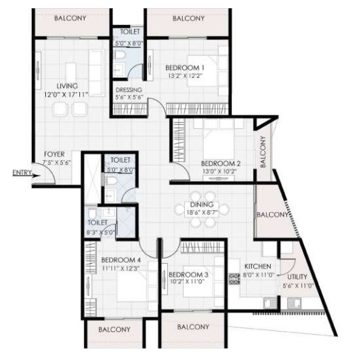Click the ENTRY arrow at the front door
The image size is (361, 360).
pyautogui.click(x=36, y=176)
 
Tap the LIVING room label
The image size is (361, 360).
pyautogui.click(x=67, y=86)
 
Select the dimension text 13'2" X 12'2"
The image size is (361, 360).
pyautogui.click(x=185, y=76)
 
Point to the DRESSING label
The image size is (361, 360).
pyautogui.click(x=129, y=90)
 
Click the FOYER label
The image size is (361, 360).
pyautogui.click(x=54, y=154)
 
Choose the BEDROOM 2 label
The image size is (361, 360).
pyautogui.click(x=221, y=163)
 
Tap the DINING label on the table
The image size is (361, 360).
pyautogui.click(x=202, y=205)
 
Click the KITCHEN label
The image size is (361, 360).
pyautogui.click(x=257, y=266)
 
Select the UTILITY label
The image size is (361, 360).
pyautogui.click(x=297, y=277)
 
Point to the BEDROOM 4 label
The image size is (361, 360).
pyautogui.click(x=121, y=260)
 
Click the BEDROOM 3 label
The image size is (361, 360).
pyautogui.click(x=188, y=275)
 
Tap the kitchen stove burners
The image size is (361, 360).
pyautogui.click(x=234, y=279)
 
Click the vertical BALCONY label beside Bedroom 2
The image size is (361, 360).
pyautogui.click(x=263, y=152)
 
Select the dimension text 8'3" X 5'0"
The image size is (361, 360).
pyautogui.click(x=100, y=233)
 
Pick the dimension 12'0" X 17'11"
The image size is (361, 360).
pyautogui.click(x=66, y=94)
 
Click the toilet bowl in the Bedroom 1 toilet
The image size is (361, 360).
pyautogui.click(x=120, y=55)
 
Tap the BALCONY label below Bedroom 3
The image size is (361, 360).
pyautogui.click(x=193, y=327)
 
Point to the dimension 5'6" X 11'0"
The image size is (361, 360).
pyautogui.click(x=299, y=286)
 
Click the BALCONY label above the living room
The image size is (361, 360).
pyautogui.click(x=70, y=18)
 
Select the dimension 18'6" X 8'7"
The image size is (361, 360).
pyautogui.click(x=202, y=212)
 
